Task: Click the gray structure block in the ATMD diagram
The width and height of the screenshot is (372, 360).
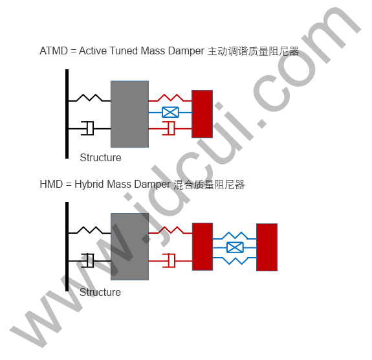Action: tap(130, 114)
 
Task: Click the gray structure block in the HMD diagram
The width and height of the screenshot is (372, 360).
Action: tap(130, 247)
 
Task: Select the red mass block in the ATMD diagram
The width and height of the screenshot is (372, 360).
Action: tap(202, 114)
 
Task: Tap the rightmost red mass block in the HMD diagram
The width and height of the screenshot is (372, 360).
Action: tap(267, 247)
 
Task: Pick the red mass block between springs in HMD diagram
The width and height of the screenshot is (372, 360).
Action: tap(202, 247)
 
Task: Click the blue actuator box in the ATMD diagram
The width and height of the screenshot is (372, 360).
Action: tap(170, 112)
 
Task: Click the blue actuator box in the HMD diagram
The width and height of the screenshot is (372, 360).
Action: tap(235, 248)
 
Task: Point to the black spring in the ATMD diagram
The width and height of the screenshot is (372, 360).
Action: tap(90, 98)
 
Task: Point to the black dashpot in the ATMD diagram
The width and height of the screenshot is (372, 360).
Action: tap(87, 128)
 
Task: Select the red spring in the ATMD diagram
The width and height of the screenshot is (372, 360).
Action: tap(170, 98)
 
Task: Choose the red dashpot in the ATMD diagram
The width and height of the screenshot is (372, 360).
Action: tap(169, 128)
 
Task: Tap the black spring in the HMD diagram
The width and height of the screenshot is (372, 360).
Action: tap(90, 230)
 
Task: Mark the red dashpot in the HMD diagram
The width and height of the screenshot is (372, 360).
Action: tap(169, 260)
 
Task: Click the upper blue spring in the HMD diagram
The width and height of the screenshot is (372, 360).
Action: tap(235, 235)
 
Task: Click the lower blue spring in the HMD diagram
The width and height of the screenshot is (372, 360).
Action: tap(235, 261)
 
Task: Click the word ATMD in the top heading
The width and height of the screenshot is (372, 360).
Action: tap(54, 51)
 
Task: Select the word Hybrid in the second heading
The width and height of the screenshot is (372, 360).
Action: tap(89, 185)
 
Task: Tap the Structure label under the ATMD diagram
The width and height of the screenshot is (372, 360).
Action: tap(100, 158)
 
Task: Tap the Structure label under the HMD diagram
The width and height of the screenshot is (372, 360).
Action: tap(100, 292)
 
